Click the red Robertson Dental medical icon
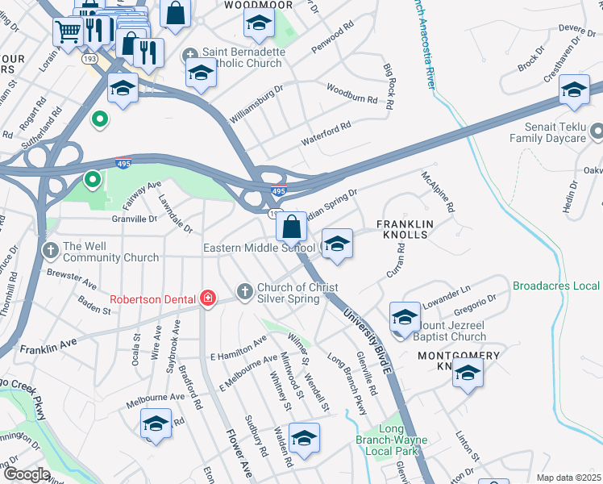[x=209, y=299]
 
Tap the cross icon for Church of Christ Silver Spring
[x=244, y=290]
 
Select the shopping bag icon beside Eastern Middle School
[x=292, y=226]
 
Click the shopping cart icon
[x=69, y=31]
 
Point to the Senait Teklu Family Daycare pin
[x=597, y=131]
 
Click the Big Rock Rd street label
[x=390, y=86]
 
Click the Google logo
[x=27, y=474]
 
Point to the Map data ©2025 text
[x=568, y=478]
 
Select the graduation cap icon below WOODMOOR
[x=258, y=25]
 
